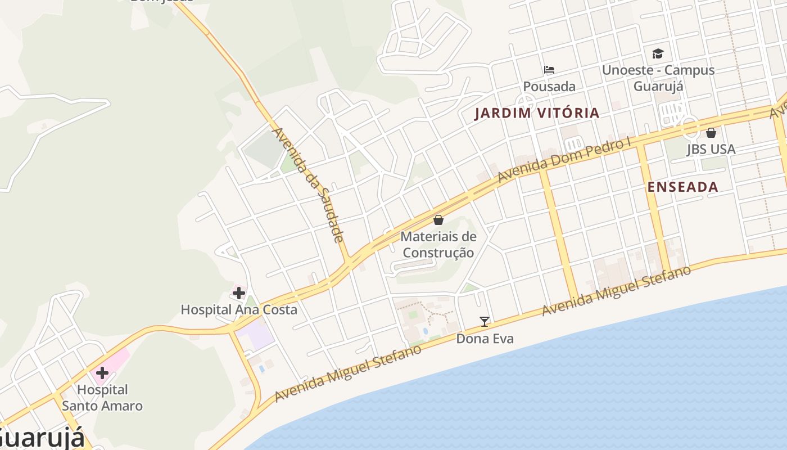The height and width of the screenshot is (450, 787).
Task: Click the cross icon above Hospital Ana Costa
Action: point(239,292)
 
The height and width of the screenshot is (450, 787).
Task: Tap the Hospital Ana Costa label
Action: point(239,309)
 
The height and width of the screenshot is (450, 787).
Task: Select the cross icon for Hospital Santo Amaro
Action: point(102,372)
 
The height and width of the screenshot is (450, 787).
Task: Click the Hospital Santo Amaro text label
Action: point(102,397)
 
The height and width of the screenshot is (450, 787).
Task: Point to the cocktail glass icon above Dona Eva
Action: point(485,322)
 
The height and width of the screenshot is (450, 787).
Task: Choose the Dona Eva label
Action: point(485,339)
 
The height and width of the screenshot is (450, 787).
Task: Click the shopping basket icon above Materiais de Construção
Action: point(438,219)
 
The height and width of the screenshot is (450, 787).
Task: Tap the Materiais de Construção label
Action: point(438,245)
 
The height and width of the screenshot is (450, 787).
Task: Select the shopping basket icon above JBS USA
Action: point(711,133)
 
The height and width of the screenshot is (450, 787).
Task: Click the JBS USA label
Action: point(711,150)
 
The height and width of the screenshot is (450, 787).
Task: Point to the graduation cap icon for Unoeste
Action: point(658,53)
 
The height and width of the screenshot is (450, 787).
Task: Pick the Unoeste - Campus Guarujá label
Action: point(658,78)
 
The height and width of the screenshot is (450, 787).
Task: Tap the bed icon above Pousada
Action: point(549,70)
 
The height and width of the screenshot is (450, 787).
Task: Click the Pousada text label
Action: point(549,87)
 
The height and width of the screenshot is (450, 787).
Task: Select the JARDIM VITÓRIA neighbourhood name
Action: point(537,113)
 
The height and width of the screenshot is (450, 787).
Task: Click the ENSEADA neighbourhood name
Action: point(683,187)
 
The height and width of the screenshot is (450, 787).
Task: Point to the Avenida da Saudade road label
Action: point(307,184)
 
